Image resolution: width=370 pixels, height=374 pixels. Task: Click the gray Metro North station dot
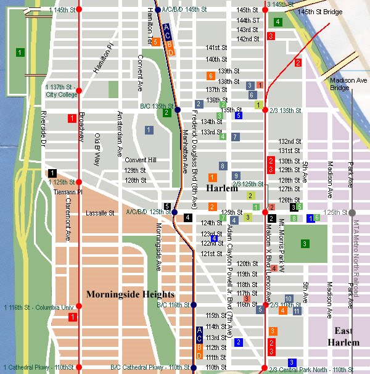tap(352, 212)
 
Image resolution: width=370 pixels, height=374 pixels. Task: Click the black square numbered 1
tap(53, 173)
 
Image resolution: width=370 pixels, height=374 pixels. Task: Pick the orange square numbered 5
tap(156, 42)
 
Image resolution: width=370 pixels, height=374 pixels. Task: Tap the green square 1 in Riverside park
tap(20, 52)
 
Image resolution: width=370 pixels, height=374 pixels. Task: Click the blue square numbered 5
tap(239, 115)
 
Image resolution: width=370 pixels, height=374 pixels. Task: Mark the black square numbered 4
tap(187, 217)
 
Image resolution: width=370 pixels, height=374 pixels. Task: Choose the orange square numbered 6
tap(210, 76)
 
